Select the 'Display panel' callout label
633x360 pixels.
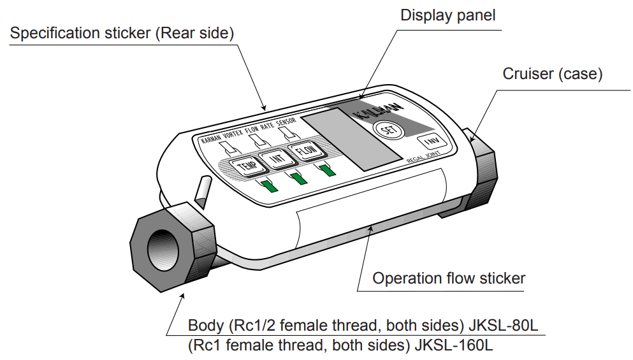pyautogui.click(x=447, y=15)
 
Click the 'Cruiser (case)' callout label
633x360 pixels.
pyautogui.click(x=552, y=74)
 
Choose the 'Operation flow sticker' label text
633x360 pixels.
pyautogui.click(x=449, y=278)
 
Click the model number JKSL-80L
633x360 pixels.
pyautogui.click(x=504, y=326)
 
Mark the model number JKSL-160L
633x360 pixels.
pyautogui.click(x=454, y=346)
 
